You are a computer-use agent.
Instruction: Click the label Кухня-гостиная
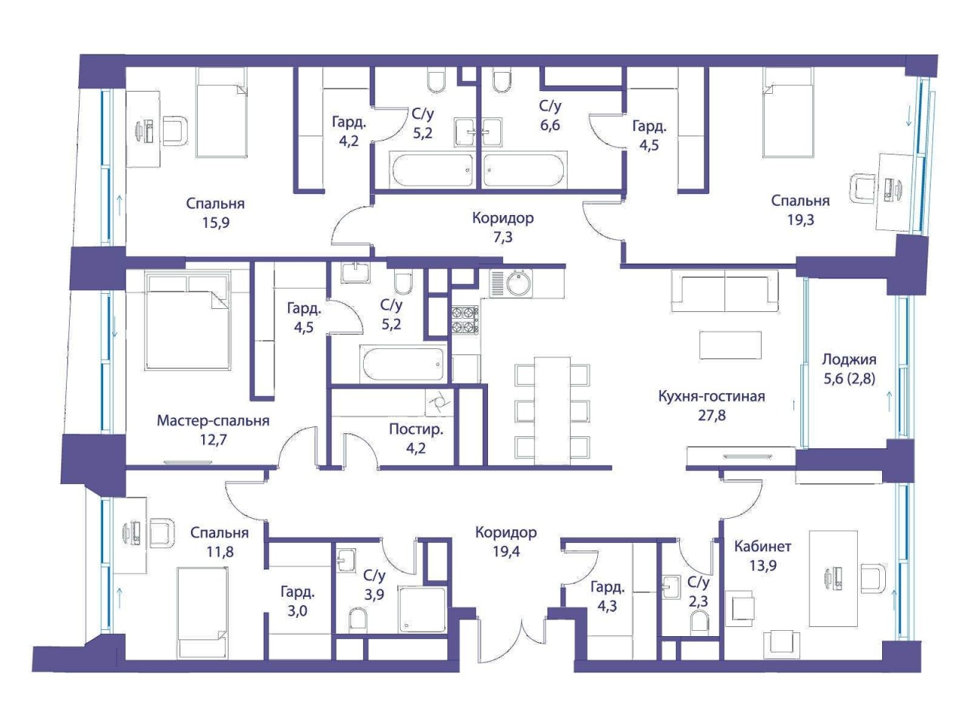point(712,396)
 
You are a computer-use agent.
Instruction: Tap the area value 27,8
point(712,416)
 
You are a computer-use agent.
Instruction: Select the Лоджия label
point(849,360)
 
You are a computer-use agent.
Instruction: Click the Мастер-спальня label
point(213,421)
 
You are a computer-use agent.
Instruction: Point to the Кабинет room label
point(763,547)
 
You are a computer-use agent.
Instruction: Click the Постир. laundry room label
point(416,429)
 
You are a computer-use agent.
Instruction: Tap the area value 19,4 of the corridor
point(506,552)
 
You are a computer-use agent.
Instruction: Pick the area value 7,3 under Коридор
point(503,238)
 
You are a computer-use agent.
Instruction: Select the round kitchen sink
point(519,282)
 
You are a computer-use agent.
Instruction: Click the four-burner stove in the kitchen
point(465,320)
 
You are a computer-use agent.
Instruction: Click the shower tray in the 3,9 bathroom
point(422,611)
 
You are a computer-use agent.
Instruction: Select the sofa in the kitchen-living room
point(724,292)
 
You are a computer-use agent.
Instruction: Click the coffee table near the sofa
point(731,345)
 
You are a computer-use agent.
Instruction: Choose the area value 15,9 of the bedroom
point(216,223)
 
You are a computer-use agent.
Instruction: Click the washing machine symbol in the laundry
point(438,403)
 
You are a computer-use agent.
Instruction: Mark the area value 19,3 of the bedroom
point(800,220)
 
